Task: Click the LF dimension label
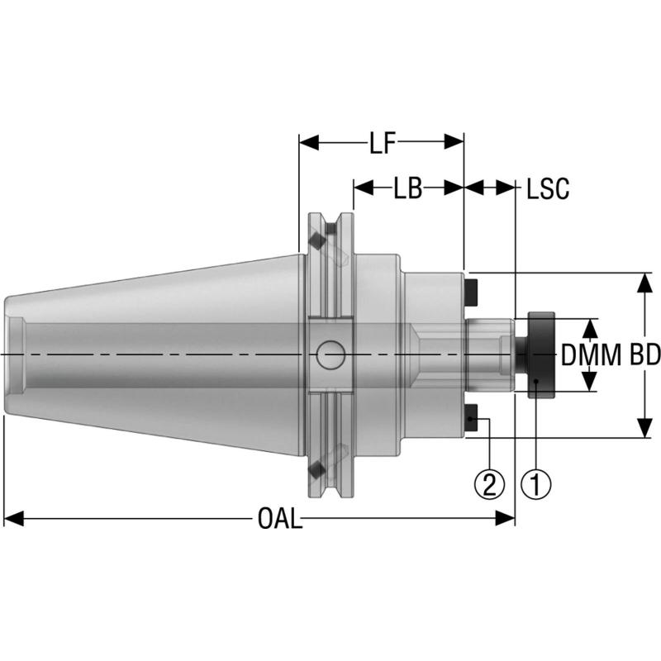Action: pyautogui.click(x=381, y=143)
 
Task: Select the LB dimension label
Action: pyautogui.click(x=407, y=188)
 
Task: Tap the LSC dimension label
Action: pyautogui.click(x=548, y=188)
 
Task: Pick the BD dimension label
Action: pyautogui.click(x=644, y=355)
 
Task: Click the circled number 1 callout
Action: pyautogui.click(x=535, y=483)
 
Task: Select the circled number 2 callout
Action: pyautogui.click(x=490, y=483)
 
